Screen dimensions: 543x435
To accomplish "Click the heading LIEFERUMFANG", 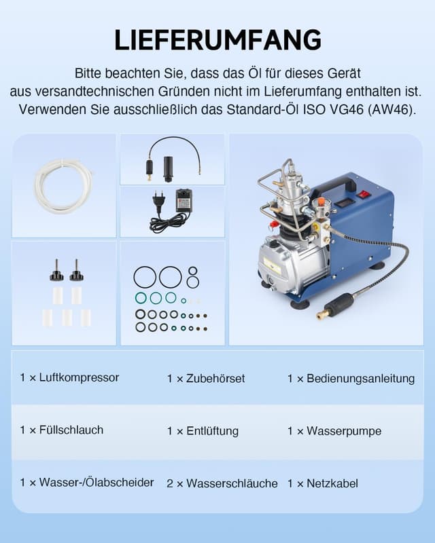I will pyautogui.click(x=217, y=40).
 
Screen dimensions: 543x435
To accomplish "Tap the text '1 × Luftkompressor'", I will pyautogui.click(x=69, y=377).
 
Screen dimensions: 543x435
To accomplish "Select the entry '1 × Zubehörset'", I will pyautogui.click(x=206, y=378).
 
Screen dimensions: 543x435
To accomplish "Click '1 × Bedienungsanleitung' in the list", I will pyautogui.click(x=351, y=378).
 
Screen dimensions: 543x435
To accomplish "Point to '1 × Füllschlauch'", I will pyautogui.click(x=62, y=430).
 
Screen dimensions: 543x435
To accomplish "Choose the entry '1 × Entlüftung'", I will pyautogui.click(x=203, y=431).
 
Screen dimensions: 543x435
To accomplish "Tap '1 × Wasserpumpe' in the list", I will pyautogui.click(x=334, y=431).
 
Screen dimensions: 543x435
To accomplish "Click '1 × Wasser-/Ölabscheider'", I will pyautogui.click(x=87, y=483).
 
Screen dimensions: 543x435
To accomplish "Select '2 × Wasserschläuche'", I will pyautogui.click(x=222, y=483).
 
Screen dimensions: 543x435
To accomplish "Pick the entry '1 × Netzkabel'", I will pyautogui.click(x=323, y=483).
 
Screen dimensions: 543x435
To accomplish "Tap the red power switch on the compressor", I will pyautogui.click(x=364, y=194).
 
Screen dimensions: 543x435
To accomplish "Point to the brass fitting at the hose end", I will pyautogui.click(x=321, y=314).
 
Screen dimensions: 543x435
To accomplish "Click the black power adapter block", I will pyautogui.click(x=183, y=200).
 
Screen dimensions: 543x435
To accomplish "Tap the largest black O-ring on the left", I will pyautogui.click(x=145, y=277).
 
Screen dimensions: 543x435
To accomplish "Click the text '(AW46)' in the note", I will pyautogui.click(x=397, y=109).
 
